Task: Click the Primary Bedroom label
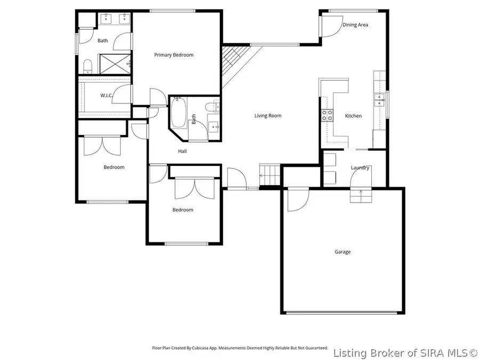173,55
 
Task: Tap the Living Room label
268,116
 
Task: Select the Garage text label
342,252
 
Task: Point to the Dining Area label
355,25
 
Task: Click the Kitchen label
353,116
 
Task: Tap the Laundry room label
360,167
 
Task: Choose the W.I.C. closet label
106,95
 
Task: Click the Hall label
182,151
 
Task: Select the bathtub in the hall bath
178,113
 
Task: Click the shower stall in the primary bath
113,63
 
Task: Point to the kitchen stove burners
326,116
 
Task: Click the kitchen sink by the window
379,98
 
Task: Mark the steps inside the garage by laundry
361,196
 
